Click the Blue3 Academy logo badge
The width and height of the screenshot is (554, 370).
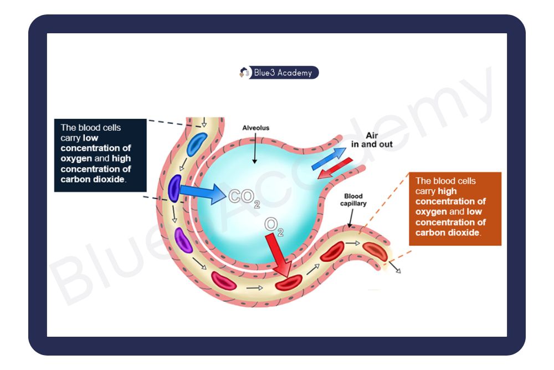click(x=279, y=73)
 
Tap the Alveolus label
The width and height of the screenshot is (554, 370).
click(x=256, y=128)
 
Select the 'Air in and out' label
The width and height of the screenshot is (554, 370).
click(x=372, y=140)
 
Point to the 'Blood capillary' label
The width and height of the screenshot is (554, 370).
click(x=353, y=200)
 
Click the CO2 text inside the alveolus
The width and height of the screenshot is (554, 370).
click(x=244, y=198)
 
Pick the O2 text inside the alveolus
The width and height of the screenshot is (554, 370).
click(x=274, y=226)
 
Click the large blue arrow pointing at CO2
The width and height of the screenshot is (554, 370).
click(x=203, y=193)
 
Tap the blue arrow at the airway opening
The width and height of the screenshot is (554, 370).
click(x=329, y=159)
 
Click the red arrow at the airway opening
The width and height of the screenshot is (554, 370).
click(x=335, y=169)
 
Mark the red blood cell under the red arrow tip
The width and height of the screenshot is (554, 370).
click(x=289, y=282)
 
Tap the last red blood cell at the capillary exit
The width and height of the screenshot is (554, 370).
click(x=375, y=251)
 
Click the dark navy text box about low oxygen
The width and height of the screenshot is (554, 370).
click(x=100, y=155)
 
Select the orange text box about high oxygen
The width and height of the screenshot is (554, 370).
click(x=455, y=209)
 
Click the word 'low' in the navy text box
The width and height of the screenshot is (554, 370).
click(x=90, y=138)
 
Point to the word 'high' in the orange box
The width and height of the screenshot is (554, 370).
click(x=448, y=191)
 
